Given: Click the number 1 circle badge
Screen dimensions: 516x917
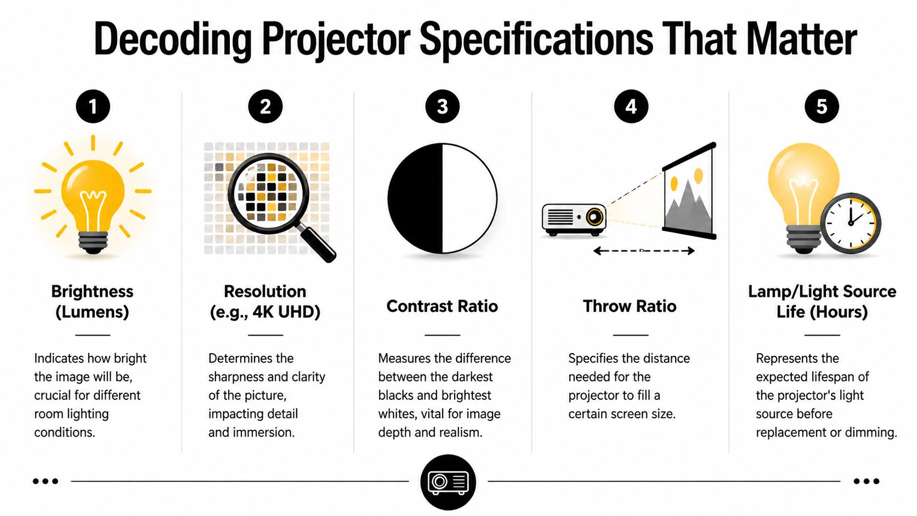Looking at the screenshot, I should point(93,106).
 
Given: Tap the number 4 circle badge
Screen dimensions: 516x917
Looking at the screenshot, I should point(631,106).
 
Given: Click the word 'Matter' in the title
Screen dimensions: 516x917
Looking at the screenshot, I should point(801,39).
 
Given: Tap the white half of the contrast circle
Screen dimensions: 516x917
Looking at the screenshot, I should point(469,199).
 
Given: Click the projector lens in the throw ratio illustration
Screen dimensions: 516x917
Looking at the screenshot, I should point(593,217).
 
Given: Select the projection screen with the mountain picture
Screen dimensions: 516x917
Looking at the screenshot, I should point(689,192).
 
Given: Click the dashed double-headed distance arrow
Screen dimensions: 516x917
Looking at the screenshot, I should point(644,251).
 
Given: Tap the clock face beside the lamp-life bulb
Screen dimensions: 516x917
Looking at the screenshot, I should point(850,223).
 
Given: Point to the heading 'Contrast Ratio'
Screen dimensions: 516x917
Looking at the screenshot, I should point(442,306).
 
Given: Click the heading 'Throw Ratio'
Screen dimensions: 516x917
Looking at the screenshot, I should point(630,306).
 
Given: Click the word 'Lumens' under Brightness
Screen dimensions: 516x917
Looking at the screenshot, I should point(92,312).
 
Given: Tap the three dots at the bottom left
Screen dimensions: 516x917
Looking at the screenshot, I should point(45,481).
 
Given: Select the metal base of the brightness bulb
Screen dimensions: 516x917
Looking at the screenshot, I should point(93,242).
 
